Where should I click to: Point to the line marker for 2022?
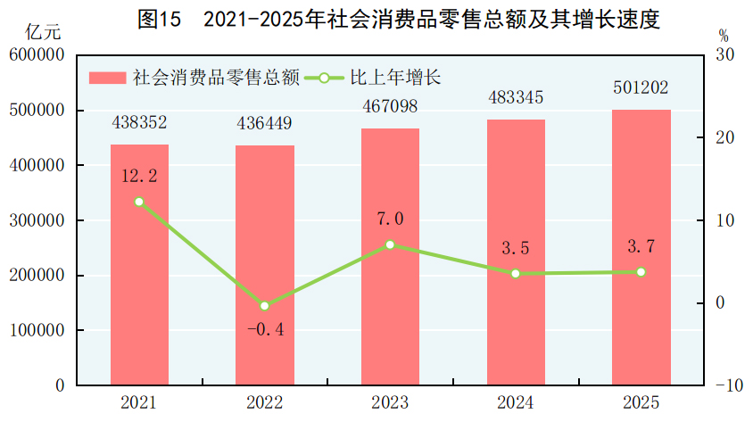tap(264, 306)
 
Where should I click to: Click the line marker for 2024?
tap(516, 274)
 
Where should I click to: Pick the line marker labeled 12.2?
tap(139, 202)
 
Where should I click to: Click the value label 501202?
tap(641, 88)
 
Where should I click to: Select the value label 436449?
tap(264, 122)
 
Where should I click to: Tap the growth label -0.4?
tap(264, 330)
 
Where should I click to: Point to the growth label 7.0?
tap(390, 219)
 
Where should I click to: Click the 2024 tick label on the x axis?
tap(516, 403)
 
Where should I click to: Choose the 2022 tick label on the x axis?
tap(264, 403)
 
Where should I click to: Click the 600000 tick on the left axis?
tap(39, 55)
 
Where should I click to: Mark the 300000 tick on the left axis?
tap(39, 220)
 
